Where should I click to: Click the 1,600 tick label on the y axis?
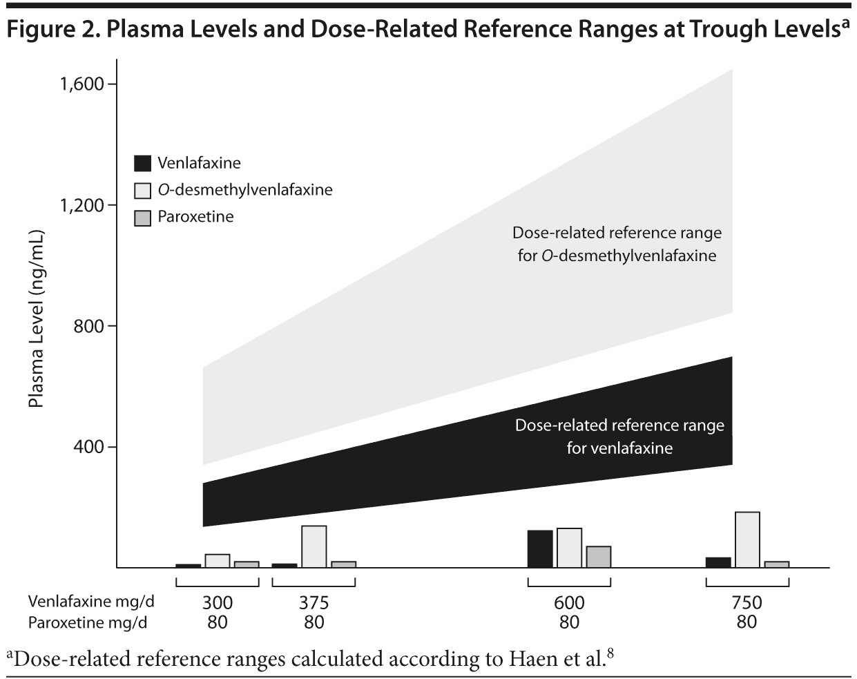pos(81,84)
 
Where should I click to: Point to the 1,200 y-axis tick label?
pos(81,206)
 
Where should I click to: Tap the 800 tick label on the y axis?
pos(89,326)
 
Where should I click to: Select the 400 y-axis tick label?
pos(89,447)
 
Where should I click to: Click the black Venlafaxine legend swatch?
pos(142,164)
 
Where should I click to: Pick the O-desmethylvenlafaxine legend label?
pos(244,190)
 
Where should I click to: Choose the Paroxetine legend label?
pos(195,217)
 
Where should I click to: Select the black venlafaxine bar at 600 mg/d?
pos(540,549)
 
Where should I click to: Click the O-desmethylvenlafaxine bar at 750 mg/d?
pos(747,539)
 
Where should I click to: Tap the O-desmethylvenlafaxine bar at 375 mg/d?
pos(314,546)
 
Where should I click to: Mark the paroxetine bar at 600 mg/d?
pos(599,557)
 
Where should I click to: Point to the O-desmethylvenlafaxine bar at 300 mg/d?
pos(217,561)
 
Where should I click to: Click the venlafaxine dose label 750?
pos(747,603)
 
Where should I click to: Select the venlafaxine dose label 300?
pos(217,603)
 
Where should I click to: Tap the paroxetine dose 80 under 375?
pos(314,622)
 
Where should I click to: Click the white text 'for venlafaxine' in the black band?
pos(619,448)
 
